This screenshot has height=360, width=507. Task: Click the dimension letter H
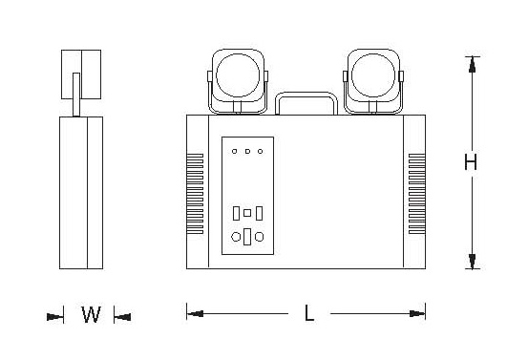[471, 162]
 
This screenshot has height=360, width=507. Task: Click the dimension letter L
[309, 313]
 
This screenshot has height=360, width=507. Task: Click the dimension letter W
[91, 314]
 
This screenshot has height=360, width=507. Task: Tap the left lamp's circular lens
[238, 75]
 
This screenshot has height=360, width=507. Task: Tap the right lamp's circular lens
[373, 75]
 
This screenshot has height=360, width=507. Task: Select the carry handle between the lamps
[306, 93]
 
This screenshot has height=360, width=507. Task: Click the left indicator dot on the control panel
[235, 151]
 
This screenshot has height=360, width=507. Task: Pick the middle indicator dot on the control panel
[247, 151]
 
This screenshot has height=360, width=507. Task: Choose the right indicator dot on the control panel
[261, 151]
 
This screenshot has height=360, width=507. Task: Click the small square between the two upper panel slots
[247, 213]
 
